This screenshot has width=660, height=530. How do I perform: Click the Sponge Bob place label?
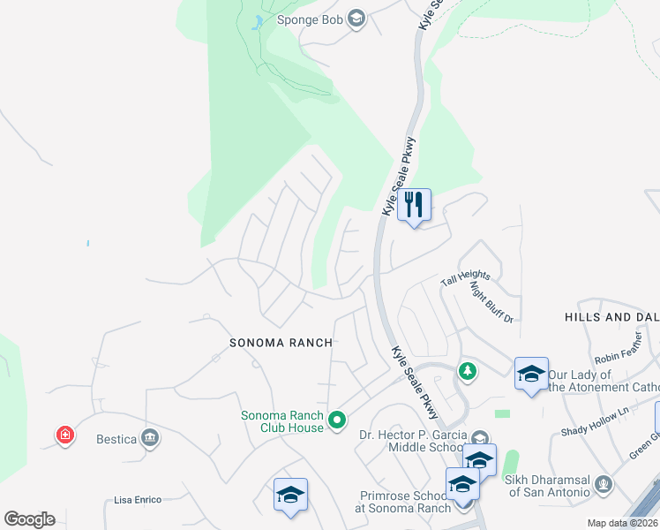coord(309,19)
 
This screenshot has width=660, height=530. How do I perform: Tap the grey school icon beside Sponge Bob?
coord(356,19)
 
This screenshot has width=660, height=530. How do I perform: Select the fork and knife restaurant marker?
coord(414,205)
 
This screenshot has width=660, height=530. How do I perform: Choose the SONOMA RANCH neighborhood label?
coord(281,343)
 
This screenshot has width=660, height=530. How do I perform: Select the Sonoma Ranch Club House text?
coord(282,422)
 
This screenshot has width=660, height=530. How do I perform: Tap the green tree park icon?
coord(466,373)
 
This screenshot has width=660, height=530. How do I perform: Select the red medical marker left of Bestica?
coord(65,435)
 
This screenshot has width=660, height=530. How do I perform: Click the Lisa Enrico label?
coord(138,500)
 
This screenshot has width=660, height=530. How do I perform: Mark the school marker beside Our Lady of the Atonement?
coord(532,375)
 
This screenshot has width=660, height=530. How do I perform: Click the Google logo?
coord(29,519)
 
